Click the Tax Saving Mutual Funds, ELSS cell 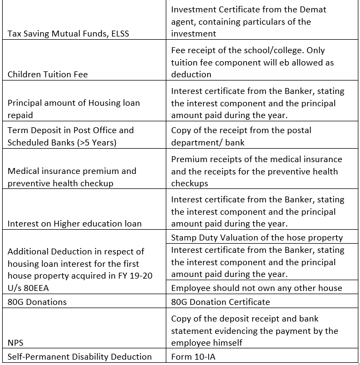click(x=68, y=34)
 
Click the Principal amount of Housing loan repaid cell click(x=74, y=109)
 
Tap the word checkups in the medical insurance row click(x=189, y=184)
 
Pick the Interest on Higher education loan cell click(x=75, y=224)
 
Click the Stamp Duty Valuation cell click(x=256, y=238)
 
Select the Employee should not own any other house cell click(x=256, y=288)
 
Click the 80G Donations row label click(x=37, y=302)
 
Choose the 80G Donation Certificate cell click(x=221, y=302)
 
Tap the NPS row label click(x=16, y=342)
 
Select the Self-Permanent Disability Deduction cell click(x=79, y=356)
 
